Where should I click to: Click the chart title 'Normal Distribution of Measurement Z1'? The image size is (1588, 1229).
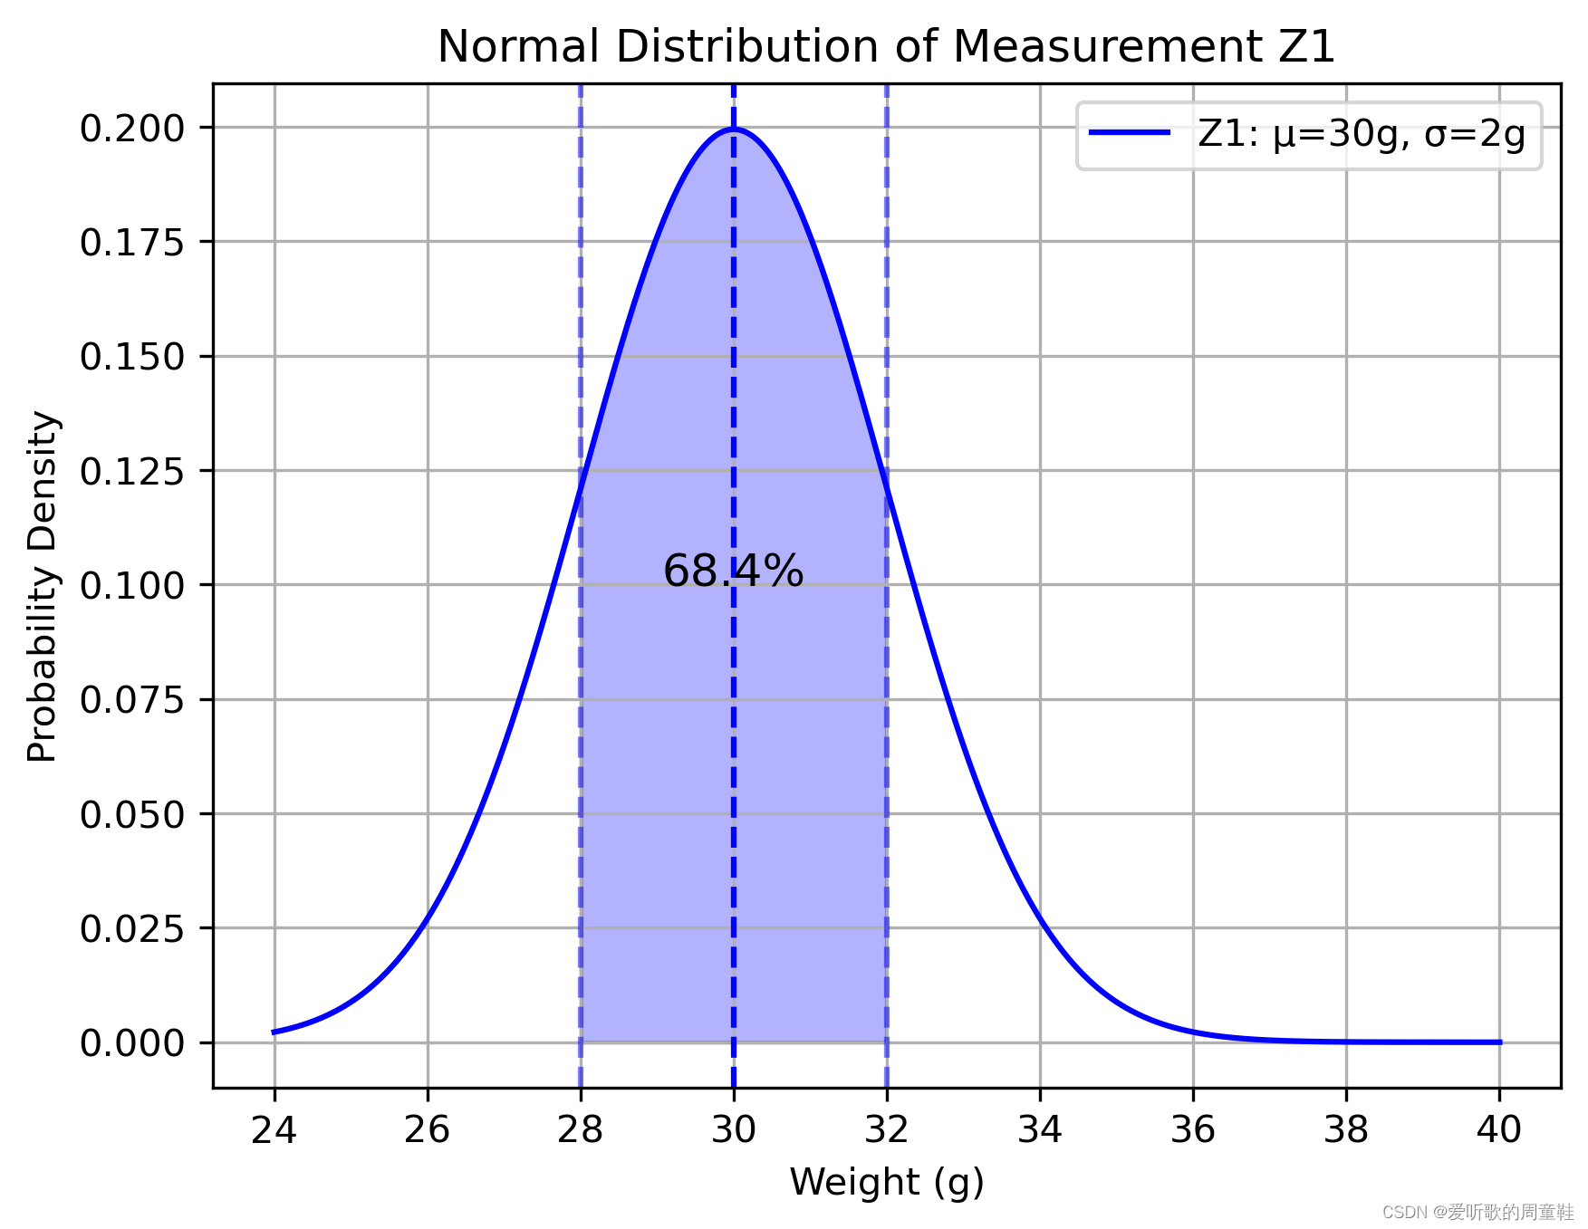coord(886,47)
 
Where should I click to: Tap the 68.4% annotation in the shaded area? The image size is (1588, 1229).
coord(733,571)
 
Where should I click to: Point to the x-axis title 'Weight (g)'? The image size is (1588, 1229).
coord(886,1183)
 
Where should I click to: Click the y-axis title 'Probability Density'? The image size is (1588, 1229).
coord(43,586)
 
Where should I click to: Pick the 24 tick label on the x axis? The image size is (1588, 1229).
coord(274,1130)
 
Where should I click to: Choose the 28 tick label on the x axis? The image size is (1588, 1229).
coord(581,1130)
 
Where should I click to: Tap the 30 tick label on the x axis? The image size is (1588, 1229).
coord(734,1130)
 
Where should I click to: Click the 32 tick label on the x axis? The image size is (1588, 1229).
coord(887,1130)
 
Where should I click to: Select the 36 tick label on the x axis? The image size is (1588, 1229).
coord(1193,1130)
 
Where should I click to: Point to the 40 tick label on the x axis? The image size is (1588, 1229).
coord(1499,1130)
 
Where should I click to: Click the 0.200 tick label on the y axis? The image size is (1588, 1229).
coord(132,129)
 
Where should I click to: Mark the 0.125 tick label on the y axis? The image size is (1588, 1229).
coord(132,471)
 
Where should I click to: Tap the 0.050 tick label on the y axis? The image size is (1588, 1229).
coord(132,814)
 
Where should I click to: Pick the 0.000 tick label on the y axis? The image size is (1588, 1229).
coord(132,1043)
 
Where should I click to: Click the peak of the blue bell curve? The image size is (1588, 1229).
coord(734,130)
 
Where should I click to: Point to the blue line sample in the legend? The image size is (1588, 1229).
coord(1129,133)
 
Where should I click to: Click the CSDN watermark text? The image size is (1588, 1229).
coord(1477,1212)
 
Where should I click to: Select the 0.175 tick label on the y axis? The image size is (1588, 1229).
coord(132,243)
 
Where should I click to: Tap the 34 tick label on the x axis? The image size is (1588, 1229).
coord(1040,1130)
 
